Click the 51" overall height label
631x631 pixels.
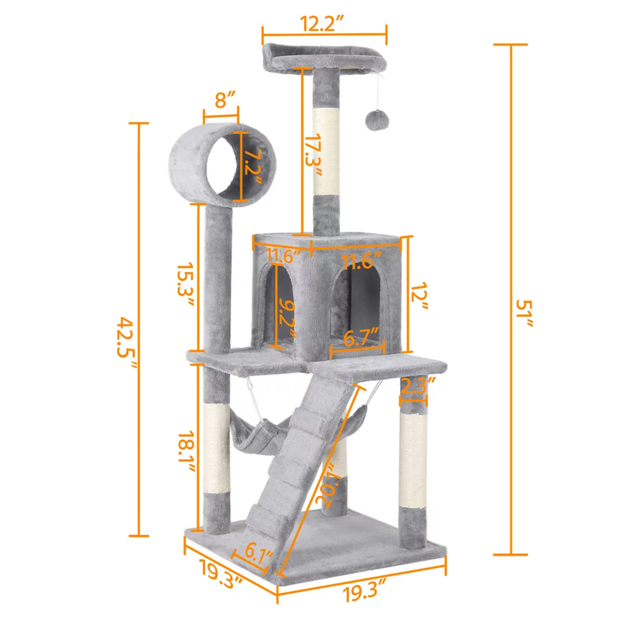(529, 314)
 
